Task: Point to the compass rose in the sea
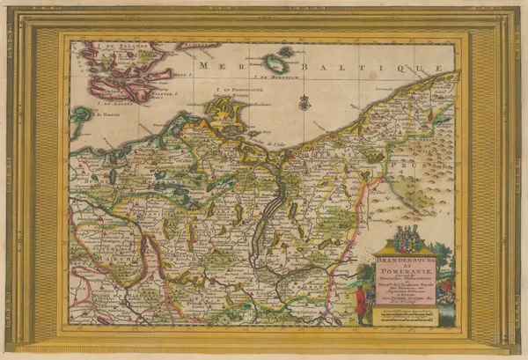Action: [x=304, y=103]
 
